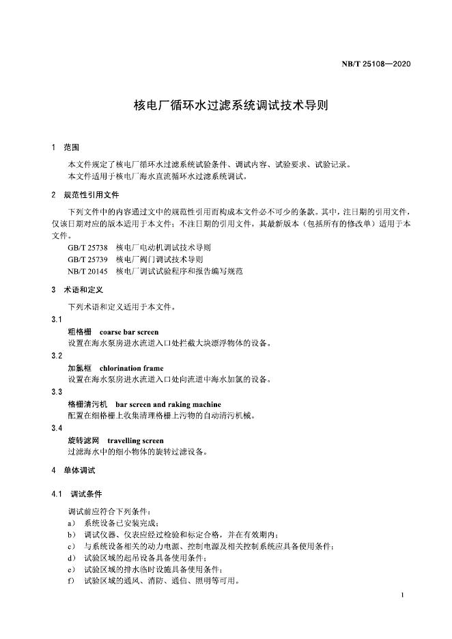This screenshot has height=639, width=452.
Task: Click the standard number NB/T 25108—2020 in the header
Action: (x=376, y=65)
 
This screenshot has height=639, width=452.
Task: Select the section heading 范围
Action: (x=72, y=147)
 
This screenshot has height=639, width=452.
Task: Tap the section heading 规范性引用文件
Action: (x=91, y=195)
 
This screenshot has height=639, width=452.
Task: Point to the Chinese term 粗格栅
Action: (x=79, y=332)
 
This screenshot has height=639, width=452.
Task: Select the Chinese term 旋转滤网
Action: (x=83, y=440)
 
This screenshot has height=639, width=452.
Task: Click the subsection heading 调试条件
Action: (x=86, y=494)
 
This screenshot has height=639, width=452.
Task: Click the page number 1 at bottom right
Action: (x=404, y=596)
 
